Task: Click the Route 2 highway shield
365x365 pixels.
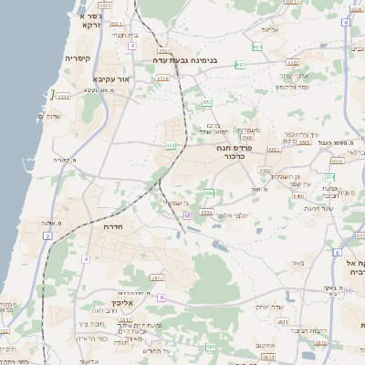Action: point(47,235)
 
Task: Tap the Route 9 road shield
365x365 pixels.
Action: point(161,297)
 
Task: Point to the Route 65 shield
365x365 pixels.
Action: point(187,214)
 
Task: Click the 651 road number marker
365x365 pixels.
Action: point(170,144)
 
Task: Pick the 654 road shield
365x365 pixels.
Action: point(258,45)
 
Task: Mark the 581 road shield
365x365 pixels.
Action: point(211,347)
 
